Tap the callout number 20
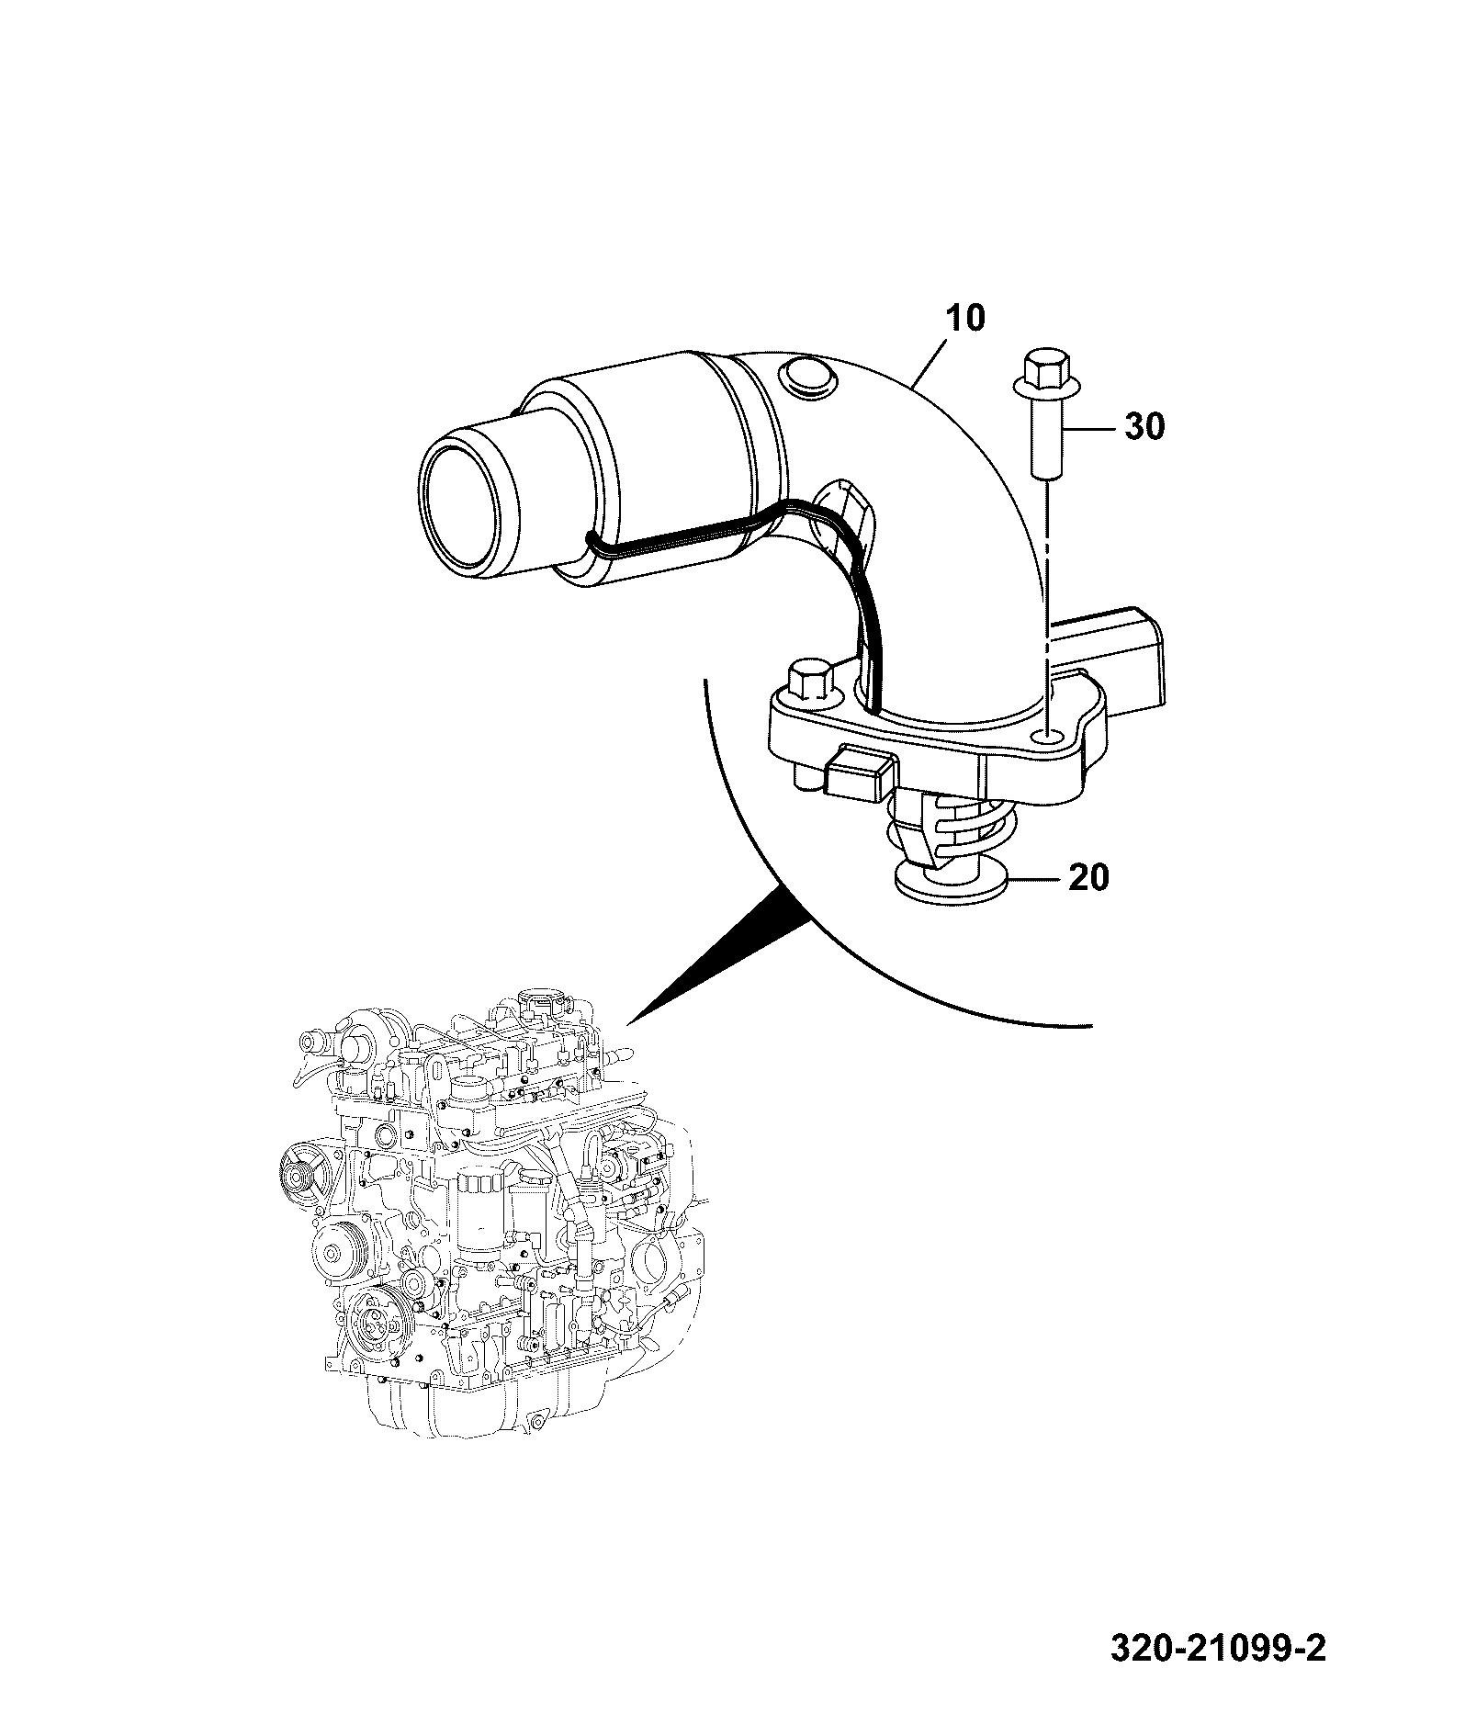[1088, 877]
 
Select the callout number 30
[1144, 426]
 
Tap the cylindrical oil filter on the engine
[478, 1212]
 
